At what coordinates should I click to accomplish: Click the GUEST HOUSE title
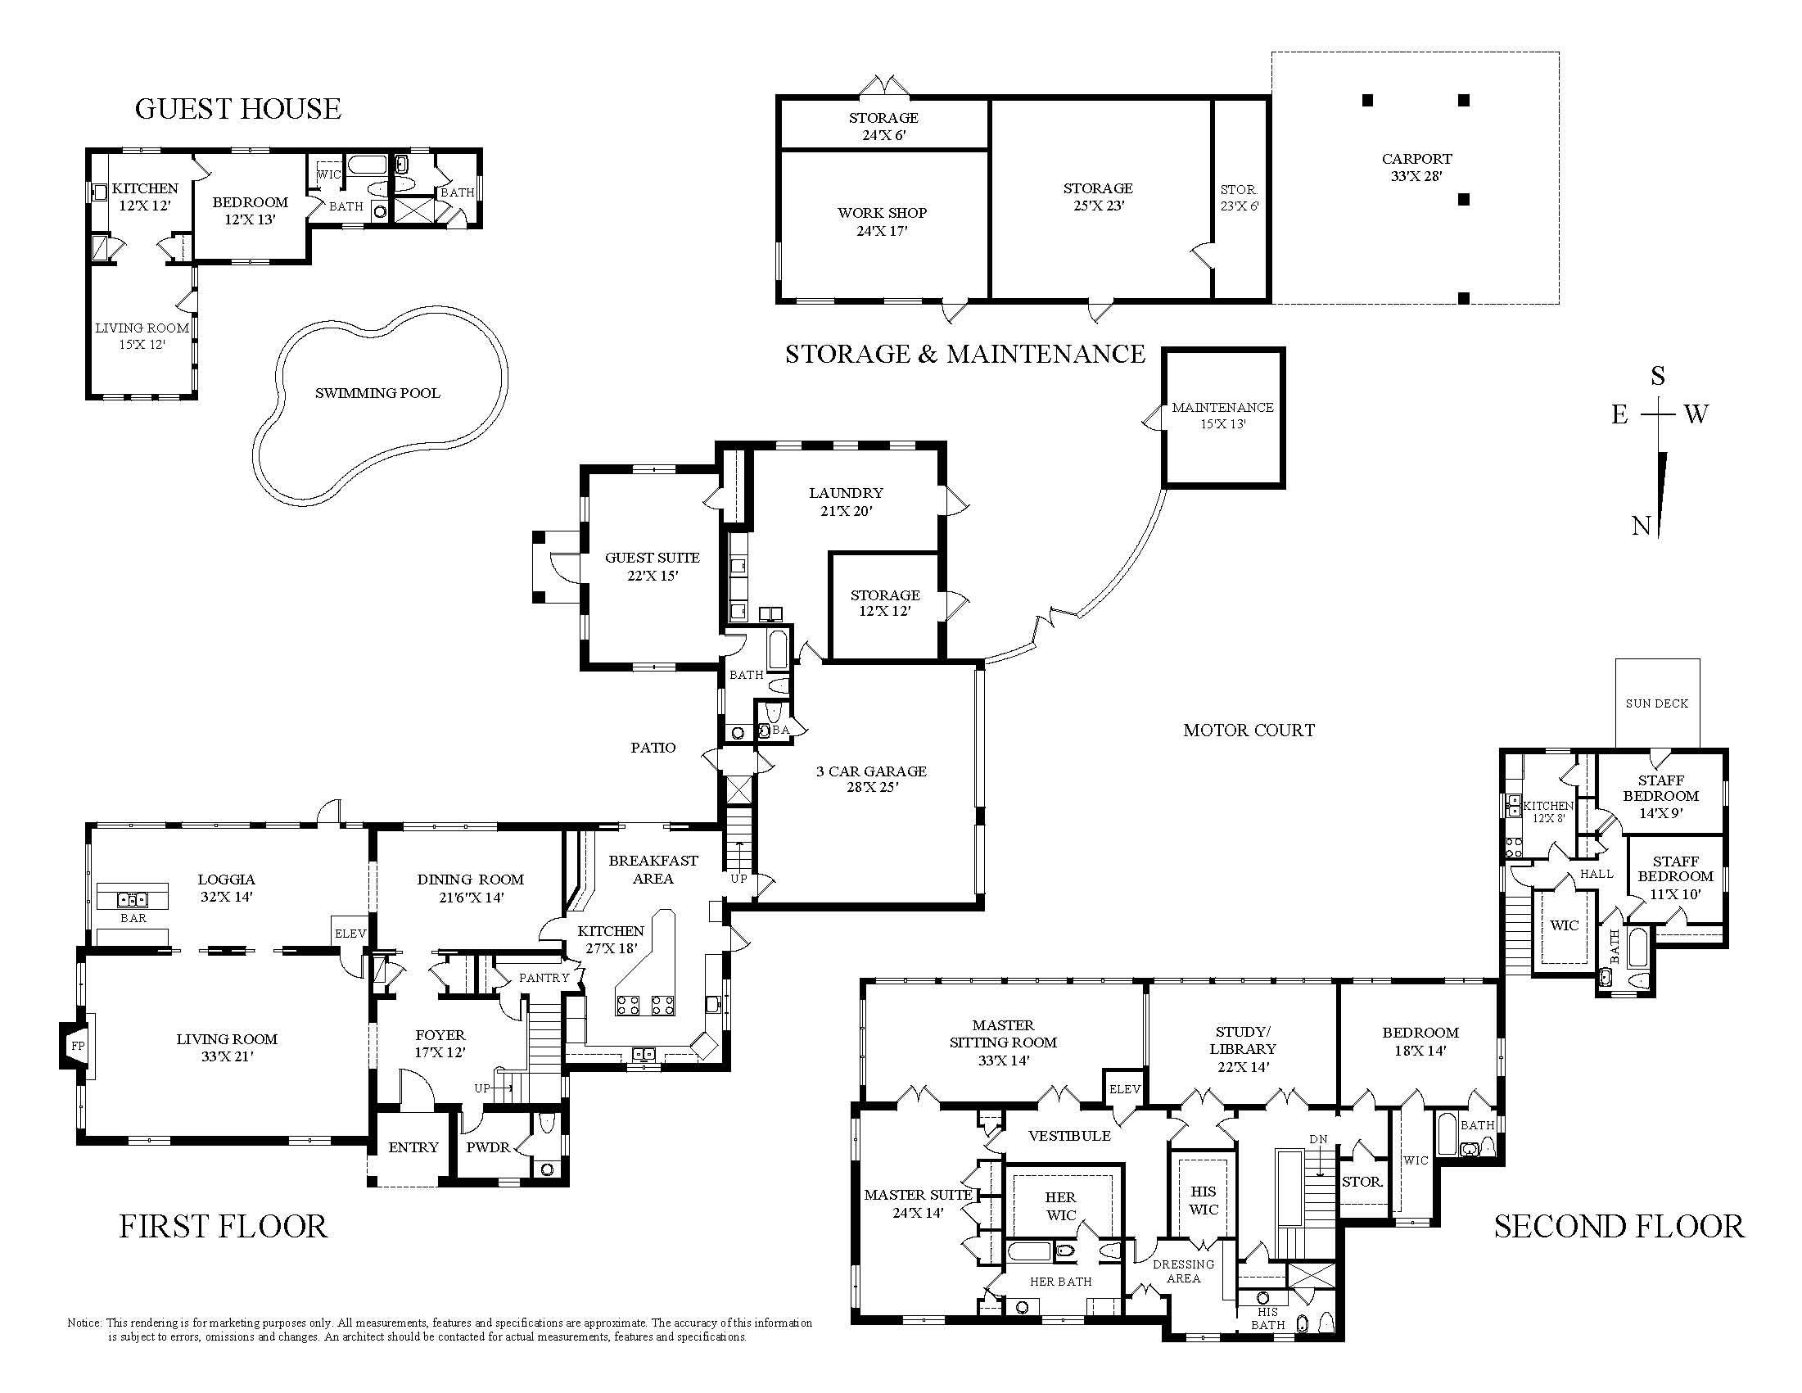tap(237, 109)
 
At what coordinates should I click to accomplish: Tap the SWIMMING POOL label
tap(378, 393)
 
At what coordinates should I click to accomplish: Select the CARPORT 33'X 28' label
tap(1416, 167)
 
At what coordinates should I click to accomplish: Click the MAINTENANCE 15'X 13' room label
tap(1223, 415)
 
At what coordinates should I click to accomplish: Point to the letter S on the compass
tap(1658, 377)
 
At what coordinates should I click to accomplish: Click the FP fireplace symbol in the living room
tap(79, 1046)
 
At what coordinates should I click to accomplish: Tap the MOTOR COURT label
tap(1249, 730)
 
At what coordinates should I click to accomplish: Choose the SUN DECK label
tap(1657, 703)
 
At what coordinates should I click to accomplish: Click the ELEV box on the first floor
tap(350, 934)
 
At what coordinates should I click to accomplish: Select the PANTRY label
tap(544, 978)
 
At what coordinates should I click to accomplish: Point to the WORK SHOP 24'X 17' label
tap(882, 222)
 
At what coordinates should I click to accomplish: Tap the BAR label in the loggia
tap(133, 918)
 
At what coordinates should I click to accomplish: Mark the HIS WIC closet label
tap(1204, 1201)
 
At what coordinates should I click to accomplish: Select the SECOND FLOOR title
tap(1619, 1226)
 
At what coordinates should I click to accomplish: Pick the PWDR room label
tap(489, 1147)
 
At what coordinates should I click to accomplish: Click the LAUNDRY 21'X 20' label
tap(846, 502)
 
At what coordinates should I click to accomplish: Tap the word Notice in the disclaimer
tap(84, 1323)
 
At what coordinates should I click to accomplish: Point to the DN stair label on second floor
tap(1318, 1139)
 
